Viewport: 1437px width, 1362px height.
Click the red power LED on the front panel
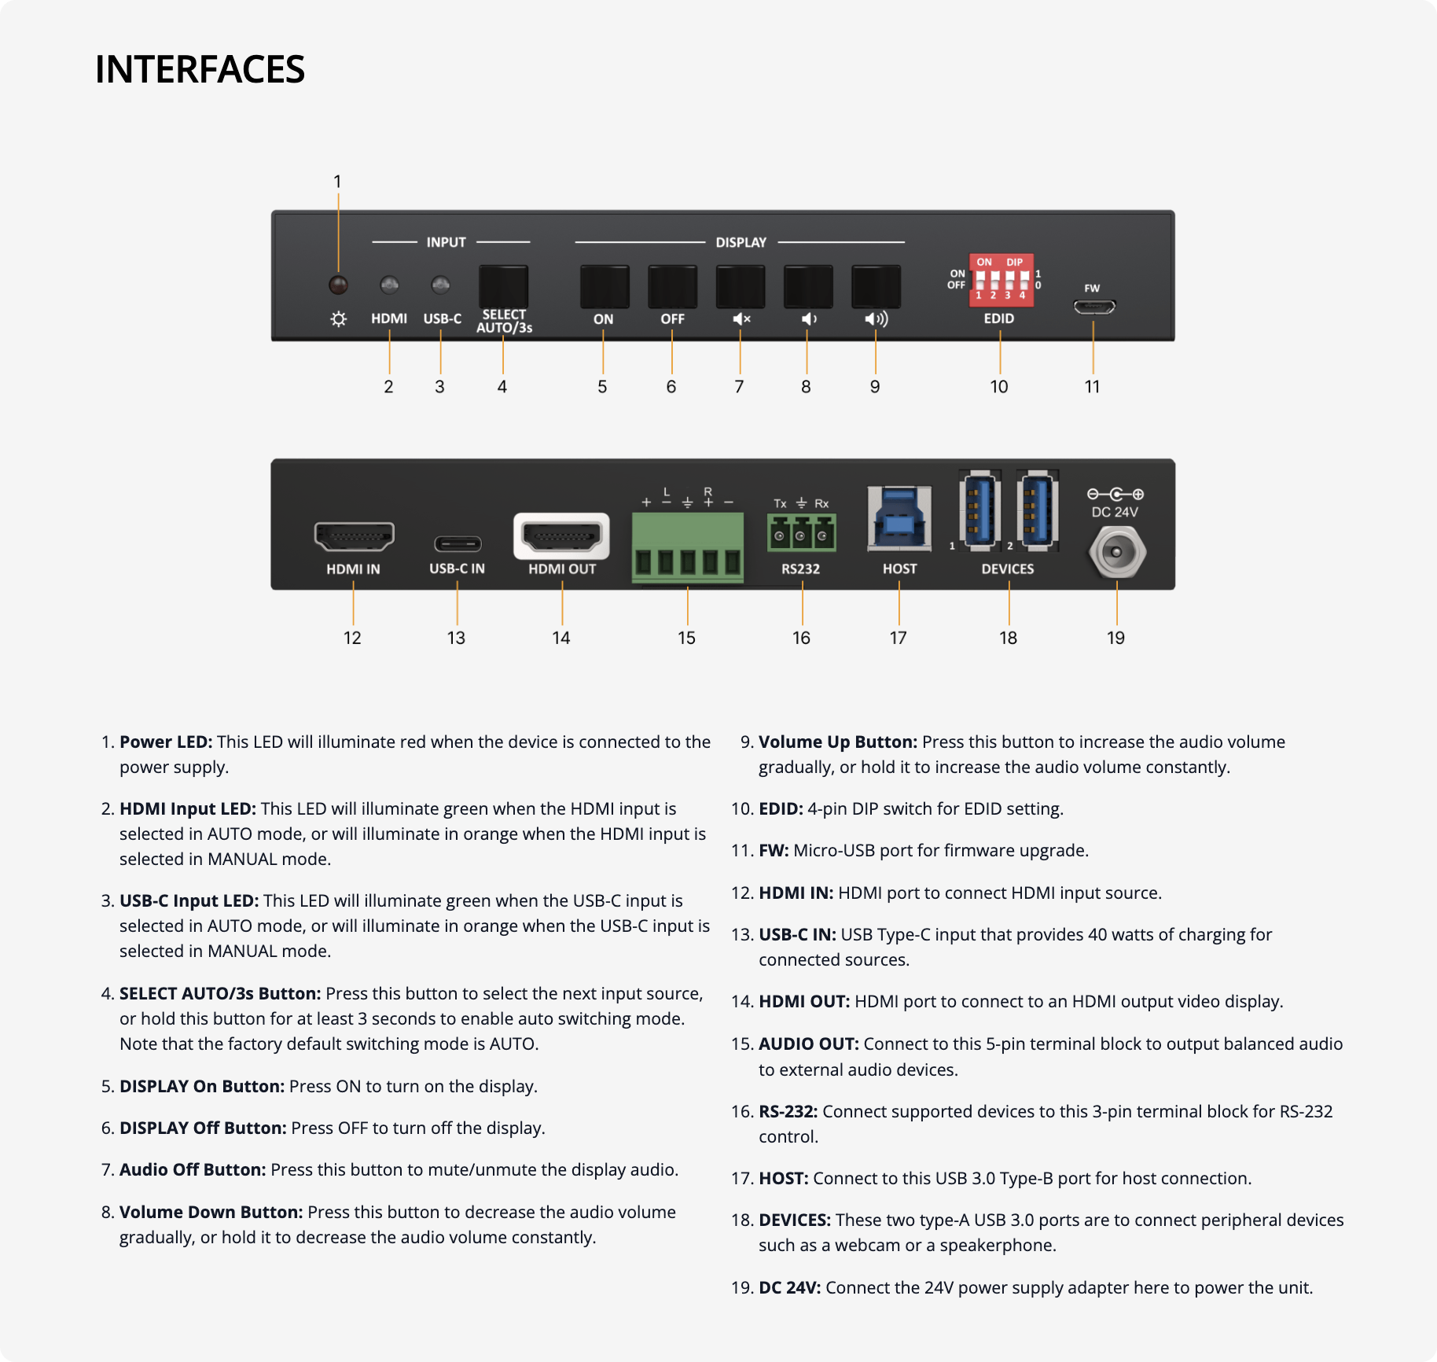pyautogui.click(x=338, y=285)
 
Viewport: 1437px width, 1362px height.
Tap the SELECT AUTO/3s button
pyautogui.click(x=503, y=287)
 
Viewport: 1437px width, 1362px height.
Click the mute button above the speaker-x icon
pyautogui.click(x=740, y=287)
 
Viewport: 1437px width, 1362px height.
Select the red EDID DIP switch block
pyautogui.click(x=1001, y=280)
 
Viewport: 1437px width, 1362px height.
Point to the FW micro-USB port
pyautogui.click(x=1093, y=307)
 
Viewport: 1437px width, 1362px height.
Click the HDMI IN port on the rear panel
pyautogui.click(x=354, y=536)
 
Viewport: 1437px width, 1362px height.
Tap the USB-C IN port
pyautogui.click(x=458, y=543)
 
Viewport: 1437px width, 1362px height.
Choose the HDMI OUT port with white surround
pyautogui.click(x=561, y=536)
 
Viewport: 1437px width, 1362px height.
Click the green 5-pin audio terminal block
pyautogui.click(x=687, y=547)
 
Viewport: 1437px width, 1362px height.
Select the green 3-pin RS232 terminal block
pyautogui.click(x=801, y=533)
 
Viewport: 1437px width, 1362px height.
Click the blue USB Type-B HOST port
pyautogui.click(x=899, y=518)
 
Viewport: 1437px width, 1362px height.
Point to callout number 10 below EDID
pyautogui.click(x=998, y=387)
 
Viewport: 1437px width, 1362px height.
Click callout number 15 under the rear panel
pyautogui.click(x=686, y=638)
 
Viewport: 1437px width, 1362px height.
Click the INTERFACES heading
pyautogui.click(x=200, y=69)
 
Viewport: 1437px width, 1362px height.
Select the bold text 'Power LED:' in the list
pyautogui.click(x=166, y=742)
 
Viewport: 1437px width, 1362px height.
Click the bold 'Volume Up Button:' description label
pyautogui.click(x=837, y=742)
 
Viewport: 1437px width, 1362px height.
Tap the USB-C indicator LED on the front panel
pyautogui.click(x=441, y=284)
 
